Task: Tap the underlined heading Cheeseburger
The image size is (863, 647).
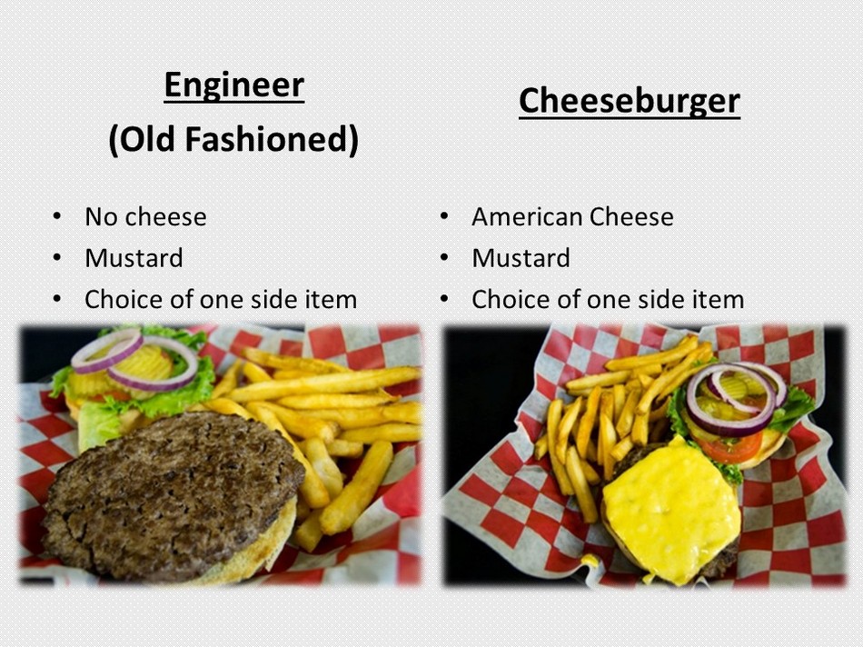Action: pyautogui.click(x=630, y=101)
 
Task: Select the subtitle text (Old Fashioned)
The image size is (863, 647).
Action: pyautogui.click(x=233, y=139)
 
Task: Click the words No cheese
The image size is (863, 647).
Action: pyautogui.click(x=145, y=216)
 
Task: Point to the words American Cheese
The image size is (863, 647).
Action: pyautogui.click(x=572, y=216)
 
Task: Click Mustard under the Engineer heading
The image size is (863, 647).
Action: pyautogui.click(x=134, y=258)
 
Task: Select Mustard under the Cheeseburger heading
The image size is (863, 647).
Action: pyautogui.click(x=521, y=258)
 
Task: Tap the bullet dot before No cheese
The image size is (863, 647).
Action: pyautogui.click(x=57, y=216)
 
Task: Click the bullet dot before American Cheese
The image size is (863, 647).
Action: pyautogui.click(x=444, y=216)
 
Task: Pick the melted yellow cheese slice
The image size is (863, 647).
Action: pyautogui.click(x=671, y=510)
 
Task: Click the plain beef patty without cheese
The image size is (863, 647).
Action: pyautogui.click(x=174, y=494)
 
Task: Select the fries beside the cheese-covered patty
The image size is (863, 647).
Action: pyautogui.click(x=611, y=419)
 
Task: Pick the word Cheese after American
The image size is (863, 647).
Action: pyautogui.click(x=631, y=216)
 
